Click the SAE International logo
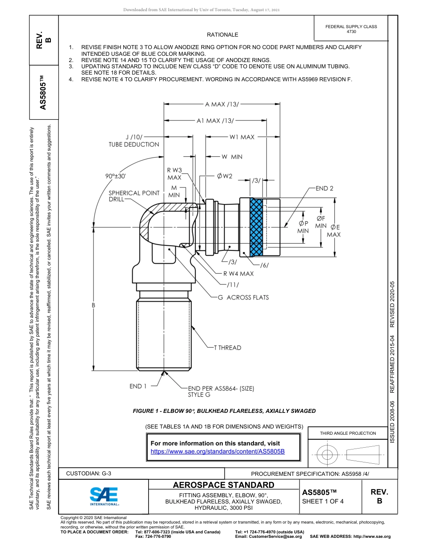pos(104,496)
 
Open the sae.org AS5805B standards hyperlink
pos(218,451)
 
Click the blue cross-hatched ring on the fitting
pos(256,228)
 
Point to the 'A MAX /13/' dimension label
pos(222,104)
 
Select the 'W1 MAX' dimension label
pos(242,137)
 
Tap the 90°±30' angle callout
pos(116,176)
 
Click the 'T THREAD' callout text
pos(227,348)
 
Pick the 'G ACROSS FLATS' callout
pos(243,297)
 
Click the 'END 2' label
pos(324,188)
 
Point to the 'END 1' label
pos(138,386)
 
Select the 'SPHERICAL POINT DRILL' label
pos(134,196)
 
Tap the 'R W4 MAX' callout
pos(238,274)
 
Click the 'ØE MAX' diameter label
pos(334,231)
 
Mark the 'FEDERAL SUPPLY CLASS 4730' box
pos(351,29)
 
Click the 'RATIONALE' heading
pos(222,35)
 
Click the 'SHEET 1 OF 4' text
pos(323,501)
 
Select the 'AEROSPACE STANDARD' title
pos(224,485)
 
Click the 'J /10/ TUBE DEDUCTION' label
pos(134,141)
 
